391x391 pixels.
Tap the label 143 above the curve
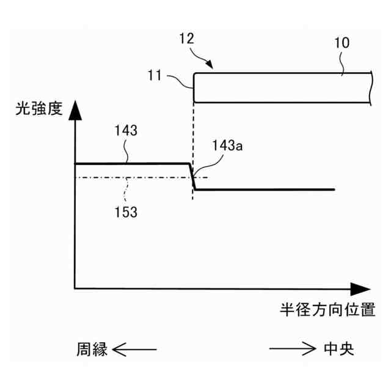click(125, 130)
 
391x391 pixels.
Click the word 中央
click(338, 349)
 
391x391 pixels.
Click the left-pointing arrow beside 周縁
click(135, 349)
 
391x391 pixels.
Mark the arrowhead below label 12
click(210, 64)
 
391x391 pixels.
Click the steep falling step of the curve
click(193, 177)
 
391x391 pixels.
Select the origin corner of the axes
click(75, 287)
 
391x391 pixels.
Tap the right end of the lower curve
click(334, 190)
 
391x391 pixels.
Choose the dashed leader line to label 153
click(126, 191)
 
